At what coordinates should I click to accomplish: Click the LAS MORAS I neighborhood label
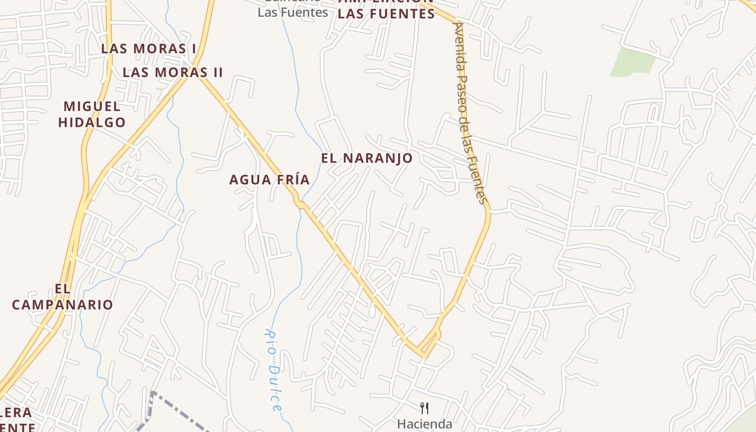pyautogui.click(x=149, y=49)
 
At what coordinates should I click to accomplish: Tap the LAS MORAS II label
pyautogui.click(x=173, y=72)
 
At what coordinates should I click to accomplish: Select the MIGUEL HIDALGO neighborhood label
pyautogui.click(x=92, y=114)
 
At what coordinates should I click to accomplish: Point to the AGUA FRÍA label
pyautogui.click(x=269, y=180)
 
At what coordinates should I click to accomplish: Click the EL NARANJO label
pyautogui.click(x=367, y=158)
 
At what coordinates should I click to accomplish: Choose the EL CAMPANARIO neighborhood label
pyautogui.click(x=63, y=297)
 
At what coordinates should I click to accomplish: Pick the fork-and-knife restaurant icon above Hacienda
pyautogui.click(x=424, y=408)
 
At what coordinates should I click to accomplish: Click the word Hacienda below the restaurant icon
pyautogui.click(x=424, y=424)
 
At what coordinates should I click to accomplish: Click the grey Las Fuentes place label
pyautogui.click(x=293, y=12)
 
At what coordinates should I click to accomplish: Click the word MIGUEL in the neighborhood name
pyautogui.click(x=92, y=106)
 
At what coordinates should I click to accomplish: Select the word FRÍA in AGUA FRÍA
pyautogui.click(x=292, y=180)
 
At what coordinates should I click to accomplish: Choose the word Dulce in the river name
pyautogui.click(x=275, y=389)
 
